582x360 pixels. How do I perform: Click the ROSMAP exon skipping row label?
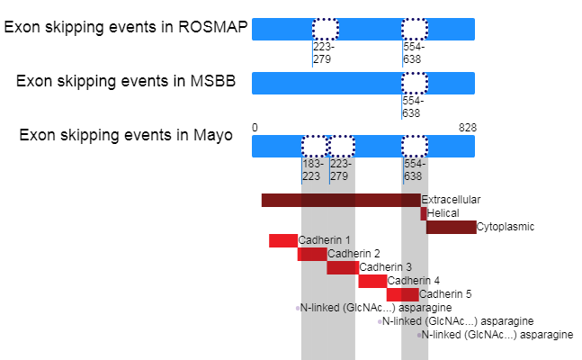point(125,28)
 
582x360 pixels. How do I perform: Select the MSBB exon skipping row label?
point(126,81)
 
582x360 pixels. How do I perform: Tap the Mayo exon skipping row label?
point(126,135)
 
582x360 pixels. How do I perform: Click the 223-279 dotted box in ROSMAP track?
point(326,29)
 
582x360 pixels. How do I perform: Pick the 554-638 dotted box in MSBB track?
point(415,83)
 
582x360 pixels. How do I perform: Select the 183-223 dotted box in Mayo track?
point(315,146)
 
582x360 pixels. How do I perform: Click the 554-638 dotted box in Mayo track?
point(415,146)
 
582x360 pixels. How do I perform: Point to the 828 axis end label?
point(467,128)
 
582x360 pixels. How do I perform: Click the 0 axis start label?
point(255,128)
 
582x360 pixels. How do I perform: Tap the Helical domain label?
point(443,213)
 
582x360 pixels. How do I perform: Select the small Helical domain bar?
point(424,213)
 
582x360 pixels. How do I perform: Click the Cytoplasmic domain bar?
point(452,227)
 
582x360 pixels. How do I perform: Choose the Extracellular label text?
point(451,200)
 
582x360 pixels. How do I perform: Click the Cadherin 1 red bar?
point(283,240)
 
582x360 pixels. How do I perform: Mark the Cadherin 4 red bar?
point(372,281)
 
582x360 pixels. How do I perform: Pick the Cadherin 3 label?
point(386,267)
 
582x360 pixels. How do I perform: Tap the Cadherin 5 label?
point(445,294)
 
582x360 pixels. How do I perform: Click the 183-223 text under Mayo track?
point(312,170)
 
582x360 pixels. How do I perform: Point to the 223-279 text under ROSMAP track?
point(323,53)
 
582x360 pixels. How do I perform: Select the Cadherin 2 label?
point(354,254)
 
